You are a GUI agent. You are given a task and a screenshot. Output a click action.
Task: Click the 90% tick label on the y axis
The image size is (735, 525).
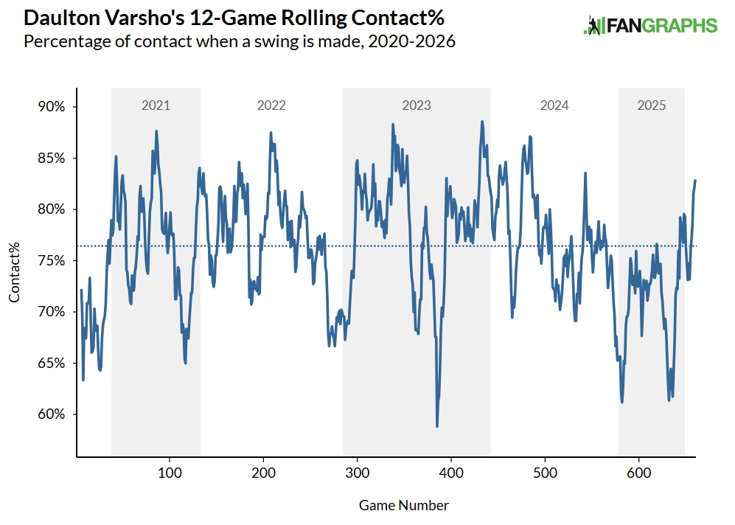tap(52, 106)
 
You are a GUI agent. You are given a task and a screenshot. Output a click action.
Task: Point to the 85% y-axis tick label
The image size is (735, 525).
tap(52, 158)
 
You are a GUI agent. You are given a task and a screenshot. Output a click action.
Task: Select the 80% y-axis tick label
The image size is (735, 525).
tap(52, 209)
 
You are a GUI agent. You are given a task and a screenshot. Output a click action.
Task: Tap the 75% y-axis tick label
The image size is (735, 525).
tap(52, 260)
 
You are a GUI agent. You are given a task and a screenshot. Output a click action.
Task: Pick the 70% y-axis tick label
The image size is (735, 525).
tap(52, 312)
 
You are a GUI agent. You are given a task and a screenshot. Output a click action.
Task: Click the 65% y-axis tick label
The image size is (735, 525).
tap(52, 363)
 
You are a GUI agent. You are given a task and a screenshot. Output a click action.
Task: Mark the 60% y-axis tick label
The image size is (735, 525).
tap(52, 414)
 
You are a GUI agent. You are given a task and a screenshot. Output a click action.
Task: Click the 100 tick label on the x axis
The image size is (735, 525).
tap(170, 473)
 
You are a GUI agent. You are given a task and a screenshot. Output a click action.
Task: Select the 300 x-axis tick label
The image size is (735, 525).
tap(358, 473)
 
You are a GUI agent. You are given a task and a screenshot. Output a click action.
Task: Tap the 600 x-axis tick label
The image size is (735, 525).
tap(638, 473)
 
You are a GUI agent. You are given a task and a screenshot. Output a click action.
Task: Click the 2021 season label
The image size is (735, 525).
tap(156, 105)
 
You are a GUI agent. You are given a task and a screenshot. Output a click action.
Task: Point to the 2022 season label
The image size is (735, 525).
tap(271, 105)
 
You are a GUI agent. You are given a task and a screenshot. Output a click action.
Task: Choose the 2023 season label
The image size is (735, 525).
tap(417, 105)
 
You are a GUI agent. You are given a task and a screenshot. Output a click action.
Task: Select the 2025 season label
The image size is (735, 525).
tap(652, 105)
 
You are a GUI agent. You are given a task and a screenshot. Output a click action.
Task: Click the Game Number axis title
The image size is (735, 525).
tap(404, 505)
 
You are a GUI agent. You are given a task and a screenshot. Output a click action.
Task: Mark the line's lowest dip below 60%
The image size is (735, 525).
tap(437, 425)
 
